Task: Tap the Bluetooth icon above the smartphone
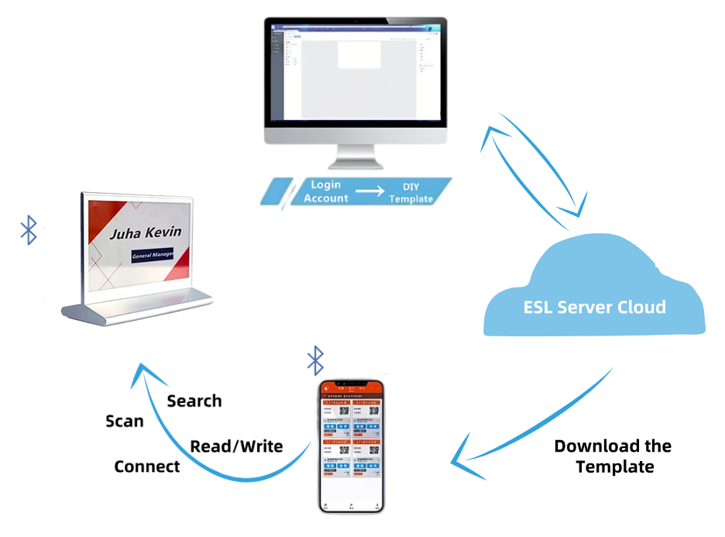315,359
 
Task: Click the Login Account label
326,191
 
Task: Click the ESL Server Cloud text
594,307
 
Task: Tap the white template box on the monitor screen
359,54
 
